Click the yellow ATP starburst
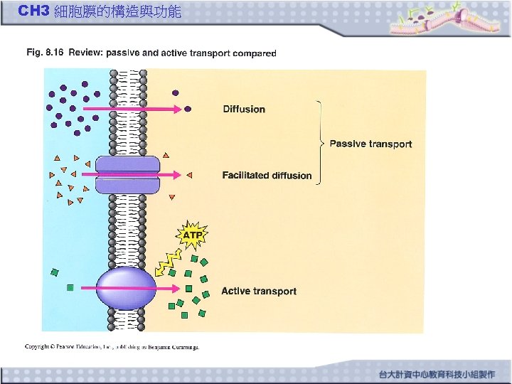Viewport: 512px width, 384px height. pos(192,234)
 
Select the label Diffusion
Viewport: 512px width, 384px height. pos(244,110)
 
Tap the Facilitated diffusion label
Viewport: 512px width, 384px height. pos(267,176)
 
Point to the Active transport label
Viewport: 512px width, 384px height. pos(259,291)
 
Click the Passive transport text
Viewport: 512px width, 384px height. pos(370,144)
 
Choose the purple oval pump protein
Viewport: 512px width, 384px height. pos(126,288)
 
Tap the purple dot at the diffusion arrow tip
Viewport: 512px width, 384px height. pos(188,110)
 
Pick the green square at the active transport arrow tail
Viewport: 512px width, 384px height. pos(70,288)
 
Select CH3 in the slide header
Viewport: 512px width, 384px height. pos(33,11)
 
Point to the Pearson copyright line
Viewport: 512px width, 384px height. pos(112,347)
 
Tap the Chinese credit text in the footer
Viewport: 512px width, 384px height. pos(440,374)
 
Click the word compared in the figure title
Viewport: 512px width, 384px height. pos(255,53)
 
